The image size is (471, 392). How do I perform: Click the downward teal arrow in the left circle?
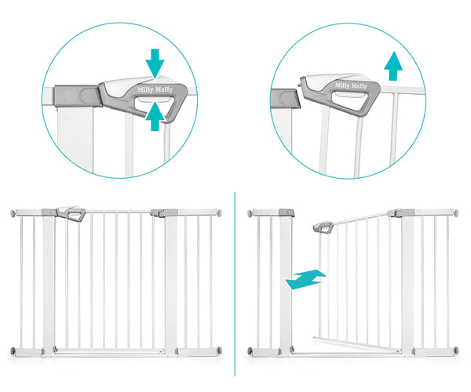(x=155, y=64)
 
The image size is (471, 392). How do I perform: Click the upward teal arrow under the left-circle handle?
(x=155, y=116)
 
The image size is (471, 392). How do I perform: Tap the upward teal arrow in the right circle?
(x=393, y=66)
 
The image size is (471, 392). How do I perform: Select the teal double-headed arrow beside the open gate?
(x=306, y=279)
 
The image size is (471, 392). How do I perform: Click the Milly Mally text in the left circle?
(x=155, y=89)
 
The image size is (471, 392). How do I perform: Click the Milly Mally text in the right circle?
(x=351, y=85)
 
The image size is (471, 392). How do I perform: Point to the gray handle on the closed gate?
(x=71, y=213)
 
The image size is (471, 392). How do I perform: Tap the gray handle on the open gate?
(x=323, y=227)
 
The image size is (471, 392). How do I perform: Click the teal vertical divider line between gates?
(x=235, y=284)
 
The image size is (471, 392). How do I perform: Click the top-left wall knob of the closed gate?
(x=13, y=213)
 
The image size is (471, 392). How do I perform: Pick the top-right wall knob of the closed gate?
(x=220, y=213)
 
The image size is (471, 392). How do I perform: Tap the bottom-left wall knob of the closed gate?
(x=13, y=351)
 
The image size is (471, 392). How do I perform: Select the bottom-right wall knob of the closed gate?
(x=220, y=350)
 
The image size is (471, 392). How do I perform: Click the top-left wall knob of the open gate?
(x=250, y=213)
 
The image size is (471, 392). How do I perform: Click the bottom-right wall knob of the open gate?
(x=456, y=350)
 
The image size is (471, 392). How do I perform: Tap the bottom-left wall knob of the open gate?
(x=250, y=351)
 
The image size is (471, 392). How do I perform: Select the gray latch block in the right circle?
(x=286, y=99)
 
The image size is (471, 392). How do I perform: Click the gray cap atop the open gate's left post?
(x=287, y=212)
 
